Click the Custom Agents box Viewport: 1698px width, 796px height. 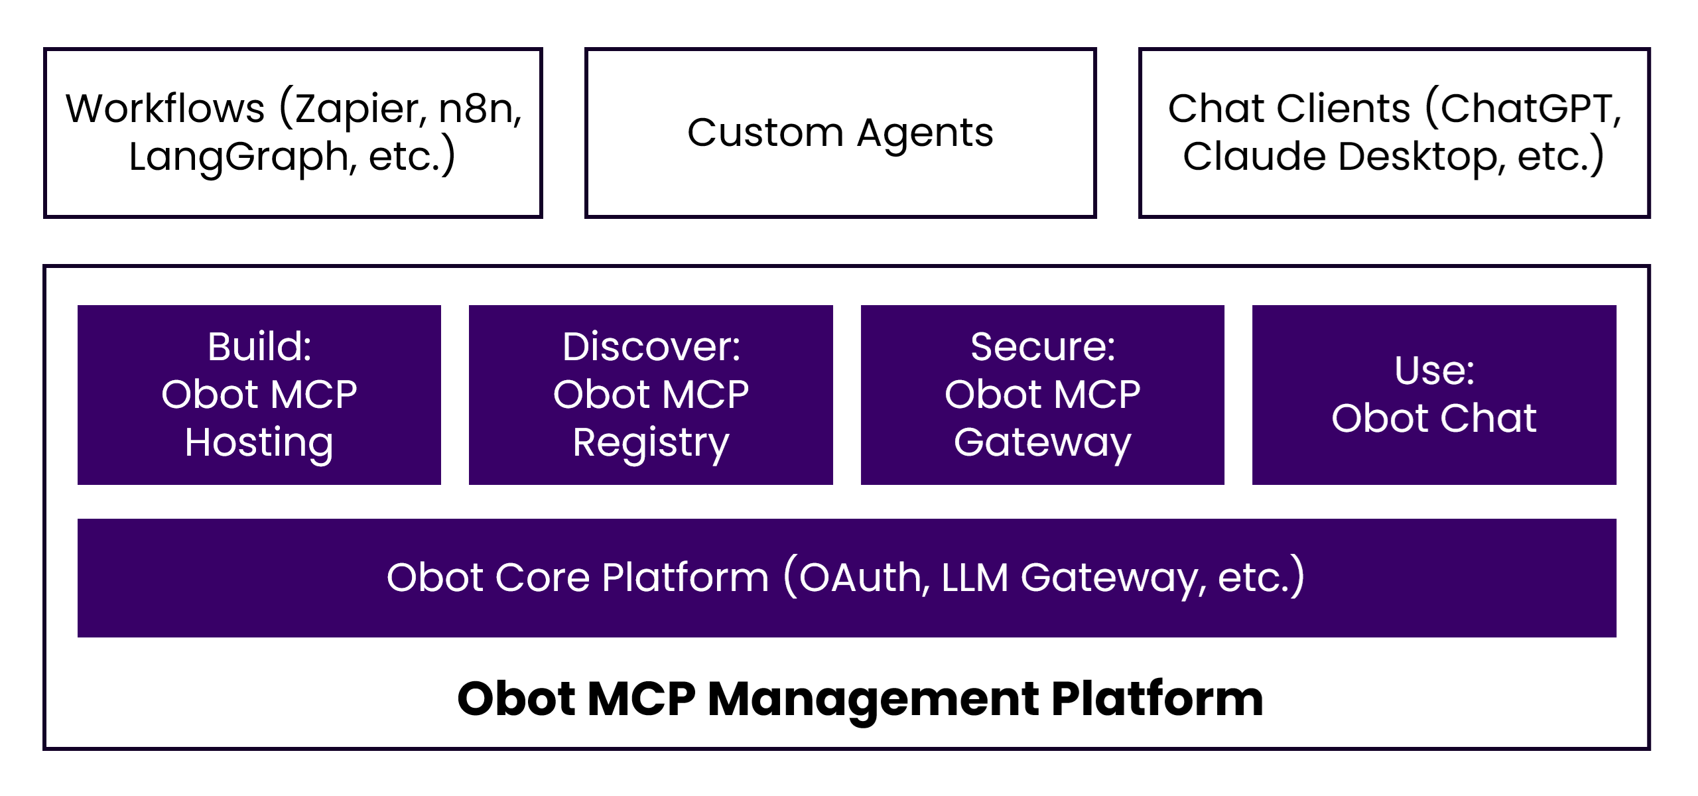coord(840,133)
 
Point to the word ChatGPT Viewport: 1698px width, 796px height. coord(1530,109)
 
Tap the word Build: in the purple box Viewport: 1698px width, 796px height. coord(259,346)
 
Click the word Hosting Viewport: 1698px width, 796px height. coord(259,442)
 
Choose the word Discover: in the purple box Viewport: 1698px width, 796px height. coord(651,346)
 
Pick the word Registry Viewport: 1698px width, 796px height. coord(651,442)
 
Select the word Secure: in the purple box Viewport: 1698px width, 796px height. coord(1043,346)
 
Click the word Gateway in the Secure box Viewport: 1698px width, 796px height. coord(1043,442)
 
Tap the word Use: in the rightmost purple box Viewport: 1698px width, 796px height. coord(1434,370)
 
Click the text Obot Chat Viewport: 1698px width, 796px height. coord(1434,419)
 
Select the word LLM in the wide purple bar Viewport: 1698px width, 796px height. coord(974,578)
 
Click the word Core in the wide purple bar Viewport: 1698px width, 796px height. coord(543,578)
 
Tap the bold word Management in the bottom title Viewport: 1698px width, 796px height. coord(873,700)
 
